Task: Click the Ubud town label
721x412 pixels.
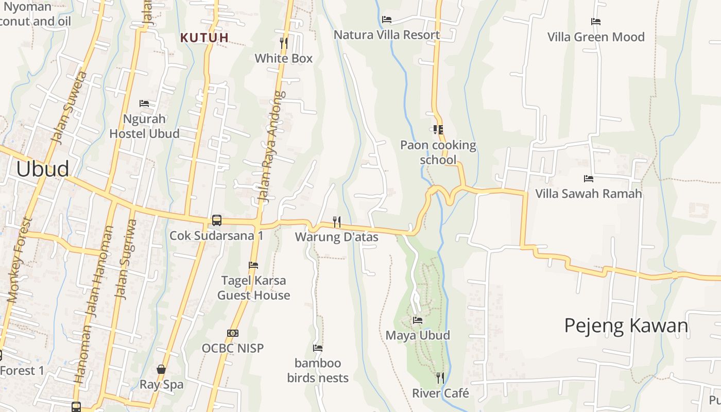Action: [x=43, y=169]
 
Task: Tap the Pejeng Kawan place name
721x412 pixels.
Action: [x=626, y=325]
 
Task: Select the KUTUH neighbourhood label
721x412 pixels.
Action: [x=204, y=38]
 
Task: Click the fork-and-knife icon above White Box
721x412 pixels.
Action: [x=283, y=42]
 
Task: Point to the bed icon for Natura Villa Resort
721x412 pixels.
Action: [x=387, y=20]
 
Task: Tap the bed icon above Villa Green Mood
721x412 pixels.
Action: [x=596, y=22]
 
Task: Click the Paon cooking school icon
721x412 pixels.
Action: [x=438, y=130]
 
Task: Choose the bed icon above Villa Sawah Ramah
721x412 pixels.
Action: [x=589, y=179]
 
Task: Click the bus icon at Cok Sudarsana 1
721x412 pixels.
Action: [x=217, y=220]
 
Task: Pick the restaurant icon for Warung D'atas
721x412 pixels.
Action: [x=337, y=222]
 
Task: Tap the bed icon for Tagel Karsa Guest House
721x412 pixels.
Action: [x=253, y=265]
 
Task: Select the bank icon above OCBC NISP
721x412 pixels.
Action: [x=233, y=333]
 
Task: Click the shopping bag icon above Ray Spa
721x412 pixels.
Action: [x=161, y=369]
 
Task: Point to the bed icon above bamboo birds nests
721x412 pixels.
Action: [x=318, y=348]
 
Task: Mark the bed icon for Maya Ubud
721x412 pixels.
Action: [x=418, y=320]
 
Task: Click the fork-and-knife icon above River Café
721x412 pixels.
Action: [x=440, y=378]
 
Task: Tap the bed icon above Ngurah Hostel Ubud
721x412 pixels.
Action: [x=144, y=104]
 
